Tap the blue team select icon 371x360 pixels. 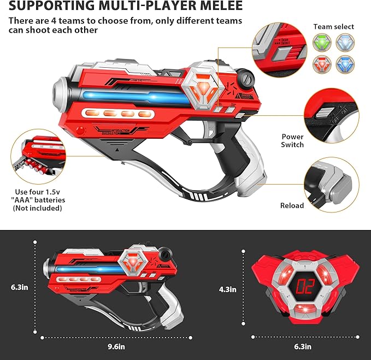344,64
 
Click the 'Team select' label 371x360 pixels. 333,26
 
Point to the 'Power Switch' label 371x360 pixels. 293,141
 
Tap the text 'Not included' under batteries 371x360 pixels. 39,208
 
